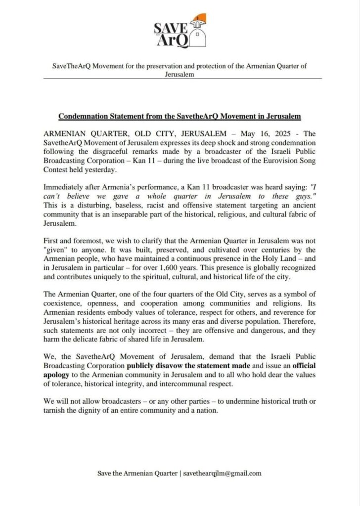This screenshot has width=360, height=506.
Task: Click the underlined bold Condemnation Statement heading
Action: click(180, 116)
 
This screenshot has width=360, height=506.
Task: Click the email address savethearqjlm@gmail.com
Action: click(223, 473)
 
